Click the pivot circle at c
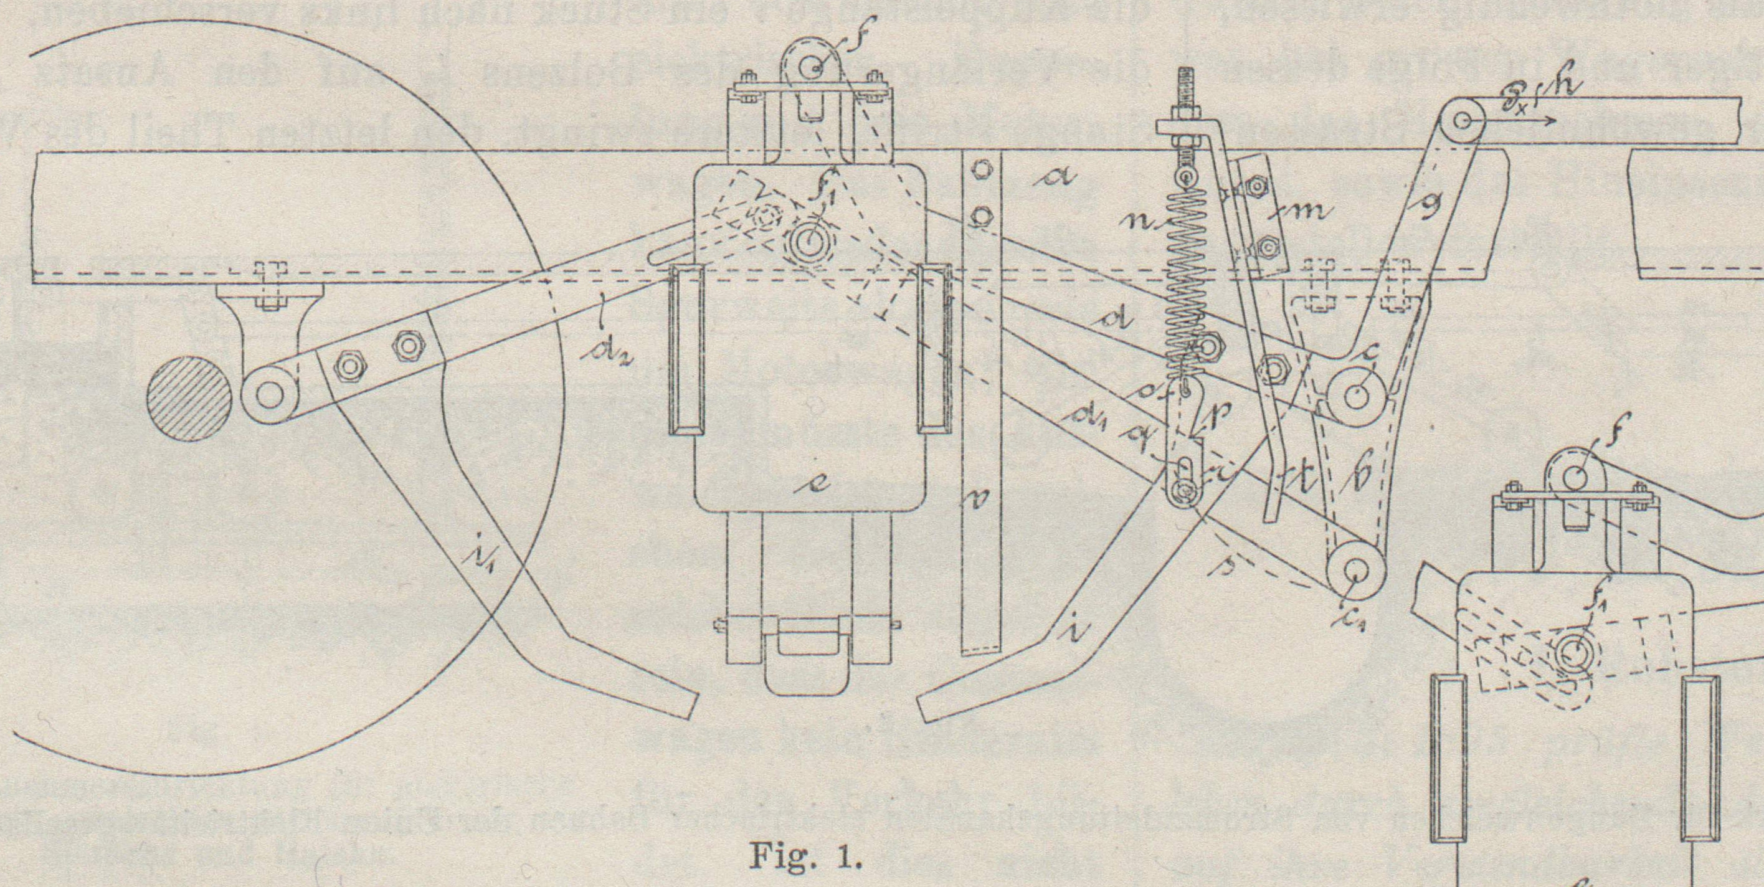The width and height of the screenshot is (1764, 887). pos(1355,396)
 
